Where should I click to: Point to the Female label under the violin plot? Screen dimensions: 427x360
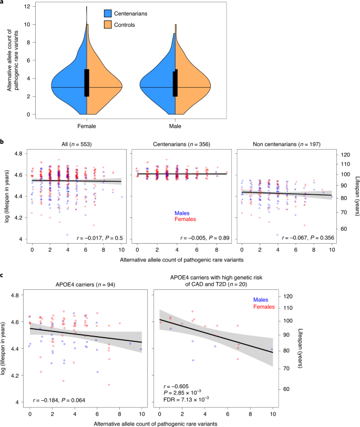pyautogui.click(x=86, y=127)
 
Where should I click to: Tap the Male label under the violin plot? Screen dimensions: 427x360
pyautogui.click(x=175, y=127)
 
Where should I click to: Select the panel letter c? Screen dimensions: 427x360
pyautogui.click(x=3, y=275)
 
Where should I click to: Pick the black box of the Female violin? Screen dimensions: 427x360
pyautogui.click(x=87, y=82)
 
